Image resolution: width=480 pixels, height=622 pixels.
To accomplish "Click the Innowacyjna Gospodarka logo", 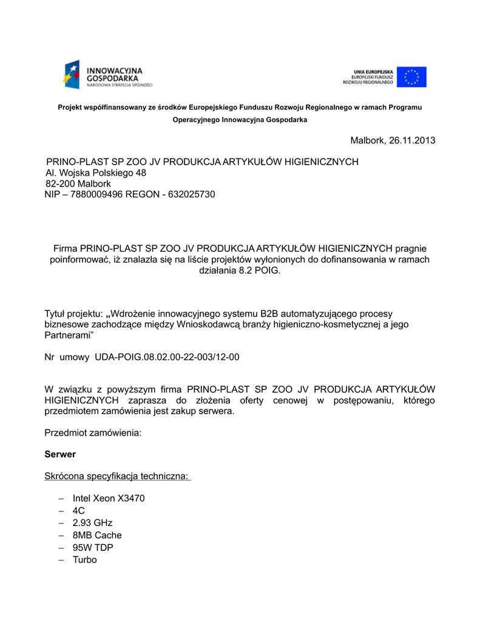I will [x=107, y=75].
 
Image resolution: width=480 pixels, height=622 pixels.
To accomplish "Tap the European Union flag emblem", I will [x=412, y=77].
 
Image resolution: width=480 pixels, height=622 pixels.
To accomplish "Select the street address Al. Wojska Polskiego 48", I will [x=96, y=173].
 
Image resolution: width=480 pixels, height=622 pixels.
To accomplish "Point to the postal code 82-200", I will [x=59, y=183].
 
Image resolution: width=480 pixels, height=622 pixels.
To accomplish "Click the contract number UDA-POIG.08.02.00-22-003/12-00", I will [x=167, y=357].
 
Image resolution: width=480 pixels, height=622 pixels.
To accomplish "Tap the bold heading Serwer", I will [x=60, y=454].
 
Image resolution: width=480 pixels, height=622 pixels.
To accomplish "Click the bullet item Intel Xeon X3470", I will [x=109, y=499].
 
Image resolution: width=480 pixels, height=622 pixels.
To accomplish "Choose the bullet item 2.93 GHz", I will [x=92, y=523].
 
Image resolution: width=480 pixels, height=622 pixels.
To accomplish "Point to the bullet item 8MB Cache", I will [x=97, y=535].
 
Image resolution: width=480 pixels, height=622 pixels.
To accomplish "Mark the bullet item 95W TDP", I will [x=93, y=547].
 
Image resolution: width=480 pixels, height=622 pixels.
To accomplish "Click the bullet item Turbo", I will [x=84, y=559].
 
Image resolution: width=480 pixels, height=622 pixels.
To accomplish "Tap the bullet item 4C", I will [x=78, y=511].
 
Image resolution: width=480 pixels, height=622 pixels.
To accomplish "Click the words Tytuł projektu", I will [x=73, y=313].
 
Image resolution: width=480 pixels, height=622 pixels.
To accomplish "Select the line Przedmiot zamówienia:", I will [x=93, y=433].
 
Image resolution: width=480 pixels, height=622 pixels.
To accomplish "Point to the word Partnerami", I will [x=67, y=335].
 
